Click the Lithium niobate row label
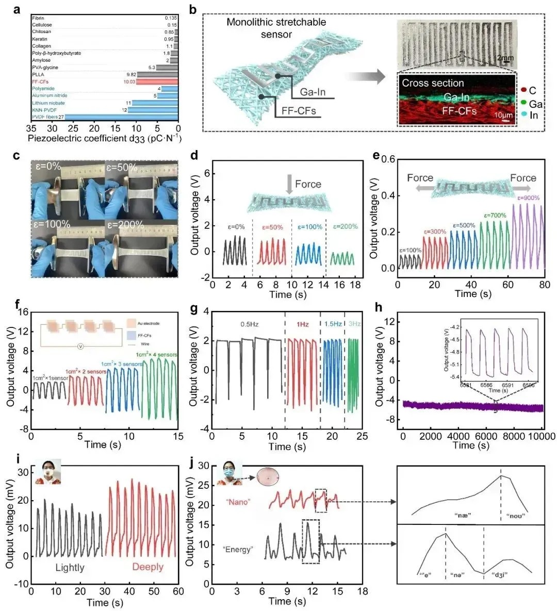(49, 103)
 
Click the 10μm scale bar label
(503, 115)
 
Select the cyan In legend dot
(523, 115)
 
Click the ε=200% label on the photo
(125, 224)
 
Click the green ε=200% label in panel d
(345, 226)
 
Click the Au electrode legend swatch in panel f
(131, 323)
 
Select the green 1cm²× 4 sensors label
(157, 355)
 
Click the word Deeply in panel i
(148, 567)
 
